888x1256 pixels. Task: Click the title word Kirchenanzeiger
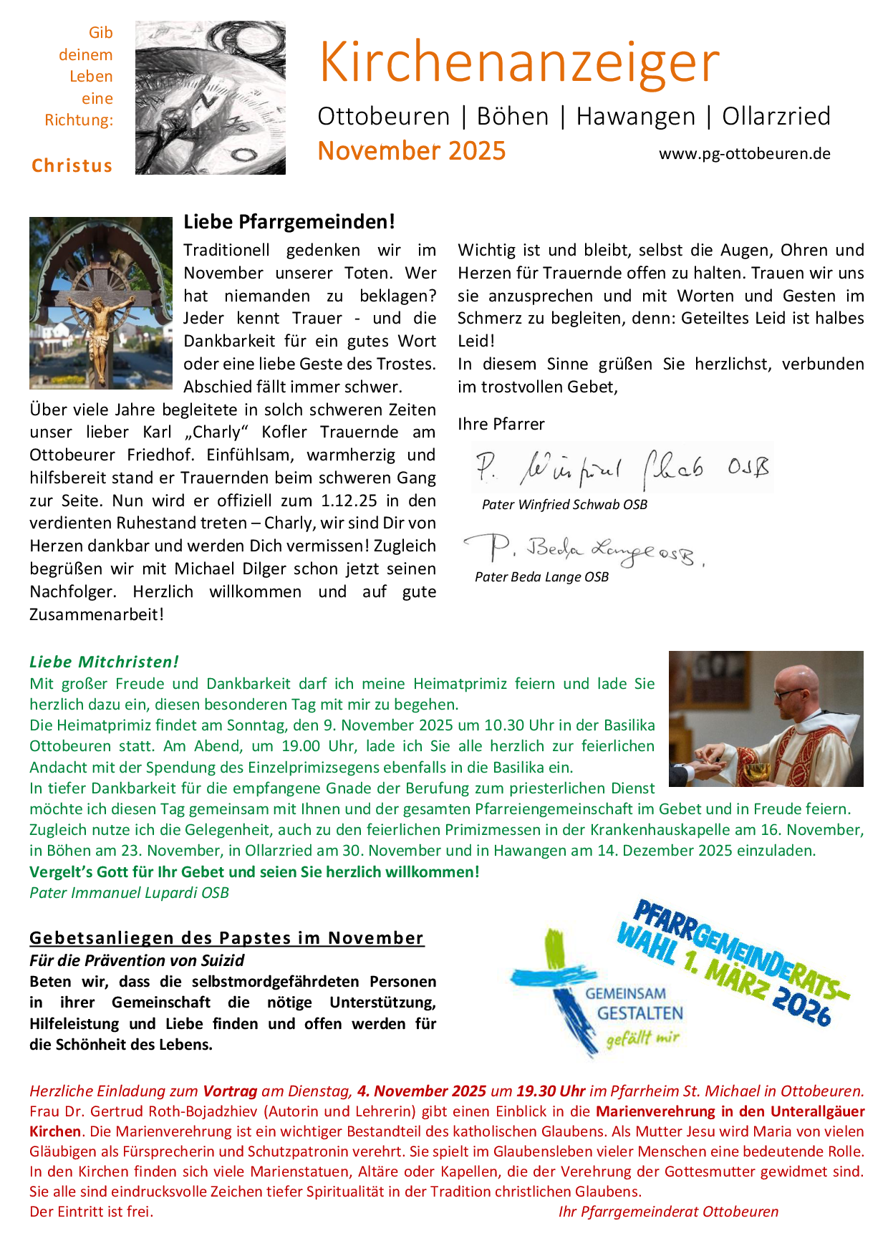(519, 63)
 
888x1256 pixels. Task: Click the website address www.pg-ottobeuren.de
(744, 154)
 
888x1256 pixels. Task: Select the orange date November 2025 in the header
(412, 151)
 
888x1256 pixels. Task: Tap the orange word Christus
(72, 166)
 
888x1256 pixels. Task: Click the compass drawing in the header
(211, 97)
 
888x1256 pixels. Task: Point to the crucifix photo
(101, 303)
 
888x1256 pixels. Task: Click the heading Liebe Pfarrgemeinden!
(289, 222)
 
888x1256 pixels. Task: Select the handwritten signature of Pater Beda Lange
(584, 550)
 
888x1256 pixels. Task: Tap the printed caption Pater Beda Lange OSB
(541, 577)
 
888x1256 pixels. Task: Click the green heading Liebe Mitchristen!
(104, 662)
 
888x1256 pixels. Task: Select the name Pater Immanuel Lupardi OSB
(129, 893)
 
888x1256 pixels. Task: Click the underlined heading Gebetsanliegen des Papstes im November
(226, 938)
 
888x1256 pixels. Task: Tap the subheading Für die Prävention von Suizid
(137, 960)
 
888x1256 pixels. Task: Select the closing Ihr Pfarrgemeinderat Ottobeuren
(668, 1212)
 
